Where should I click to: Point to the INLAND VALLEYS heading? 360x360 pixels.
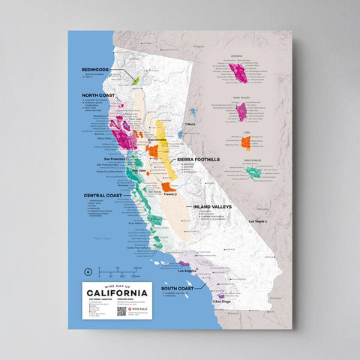(211, 205)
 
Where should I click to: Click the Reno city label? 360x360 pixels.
(191, 123)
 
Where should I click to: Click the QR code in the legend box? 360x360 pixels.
(121, 310)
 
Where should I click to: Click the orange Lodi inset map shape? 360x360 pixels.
(245, 142)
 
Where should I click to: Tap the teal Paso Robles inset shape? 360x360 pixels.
(253, 172)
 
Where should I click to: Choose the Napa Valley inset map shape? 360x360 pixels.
(241, 112)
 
